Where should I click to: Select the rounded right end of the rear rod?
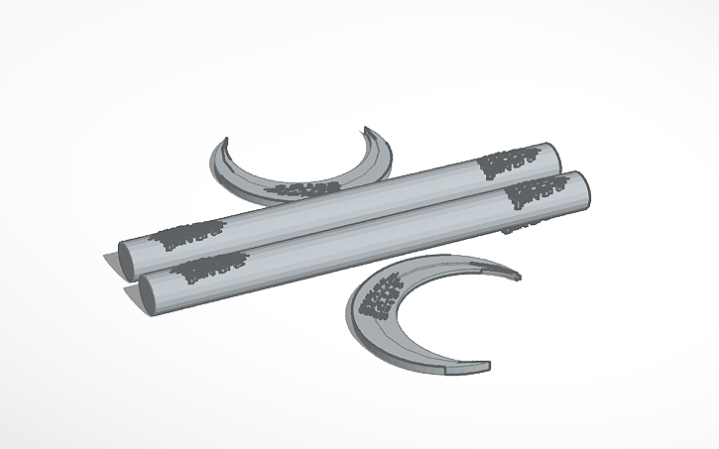click(552, 156)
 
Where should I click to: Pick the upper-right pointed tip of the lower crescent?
click(516, 272)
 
